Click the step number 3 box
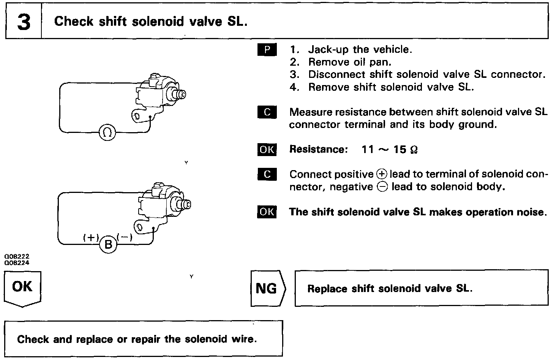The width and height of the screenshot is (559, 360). [23, 22]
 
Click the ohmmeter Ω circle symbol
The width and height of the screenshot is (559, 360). [107, 133]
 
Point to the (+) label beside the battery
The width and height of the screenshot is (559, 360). [91, 237]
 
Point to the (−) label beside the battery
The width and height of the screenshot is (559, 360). [125, 237]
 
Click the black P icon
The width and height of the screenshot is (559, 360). [267, 50]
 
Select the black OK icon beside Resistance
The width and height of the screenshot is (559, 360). [267, 150]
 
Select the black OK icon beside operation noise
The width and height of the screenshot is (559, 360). [267, 212]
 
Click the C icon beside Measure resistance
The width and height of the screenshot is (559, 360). [267, 112]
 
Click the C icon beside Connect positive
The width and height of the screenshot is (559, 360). [267, 174]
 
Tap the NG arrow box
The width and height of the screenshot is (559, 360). [267, 289]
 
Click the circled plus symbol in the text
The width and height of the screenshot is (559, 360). [381, 174]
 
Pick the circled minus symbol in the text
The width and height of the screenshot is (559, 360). [382, 187]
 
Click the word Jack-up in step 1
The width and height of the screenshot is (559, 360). [328, 50]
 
